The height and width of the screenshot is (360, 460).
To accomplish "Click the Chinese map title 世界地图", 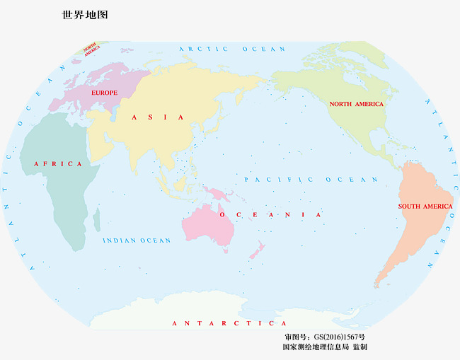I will click(85, 15).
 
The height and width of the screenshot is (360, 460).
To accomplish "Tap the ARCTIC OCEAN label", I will click(232, 49).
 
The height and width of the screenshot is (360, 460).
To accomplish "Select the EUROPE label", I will click(104, 93).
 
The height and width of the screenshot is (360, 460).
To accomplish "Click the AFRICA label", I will click(58, 164).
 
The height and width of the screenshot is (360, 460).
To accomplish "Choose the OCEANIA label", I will click(270, 214).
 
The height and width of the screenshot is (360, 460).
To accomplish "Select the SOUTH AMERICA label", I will click(425, 207).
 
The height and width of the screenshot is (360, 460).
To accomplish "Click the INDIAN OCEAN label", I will click(137, 240).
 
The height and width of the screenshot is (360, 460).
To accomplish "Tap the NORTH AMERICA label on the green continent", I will click(356, 104).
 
